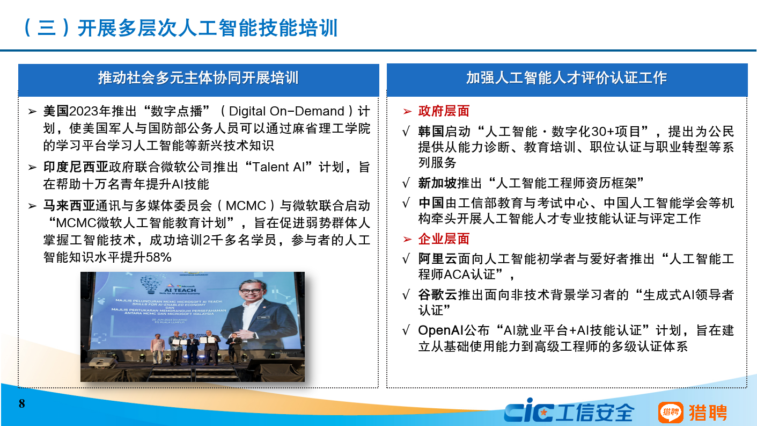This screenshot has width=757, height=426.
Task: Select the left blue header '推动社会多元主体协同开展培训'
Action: pos(198,78)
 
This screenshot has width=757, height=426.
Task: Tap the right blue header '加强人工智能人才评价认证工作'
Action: pos(567,78)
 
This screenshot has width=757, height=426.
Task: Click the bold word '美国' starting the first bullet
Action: pos(56,112)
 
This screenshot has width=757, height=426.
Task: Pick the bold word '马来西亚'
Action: pos(69,206)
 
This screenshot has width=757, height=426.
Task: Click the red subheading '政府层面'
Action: pos(444,111)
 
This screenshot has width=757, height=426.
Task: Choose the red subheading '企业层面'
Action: pos(444,239)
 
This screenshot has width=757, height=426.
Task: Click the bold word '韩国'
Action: pos(431,132)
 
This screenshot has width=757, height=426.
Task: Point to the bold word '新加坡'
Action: pos(437,183)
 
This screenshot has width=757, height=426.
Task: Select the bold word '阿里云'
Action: pos(437,259)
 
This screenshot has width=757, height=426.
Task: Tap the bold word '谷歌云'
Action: pos(437,295)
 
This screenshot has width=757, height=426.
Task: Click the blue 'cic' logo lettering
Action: pos(528,412)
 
